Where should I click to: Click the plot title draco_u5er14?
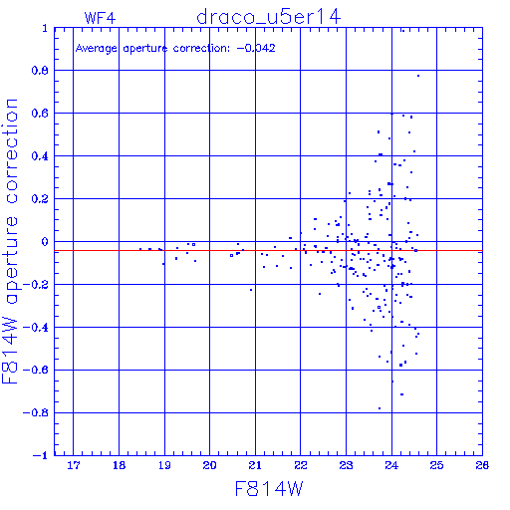268,17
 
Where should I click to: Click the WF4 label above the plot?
100,18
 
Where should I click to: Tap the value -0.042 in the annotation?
256,49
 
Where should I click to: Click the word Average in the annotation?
97,49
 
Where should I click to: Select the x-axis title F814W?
269,489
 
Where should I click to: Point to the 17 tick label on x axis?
74,465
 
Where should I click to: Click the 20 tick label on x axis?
209,465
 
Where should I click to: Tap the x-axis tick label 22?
301,465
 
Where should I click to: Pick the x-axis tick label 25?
436,465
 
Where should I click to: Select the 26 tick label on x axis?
482,465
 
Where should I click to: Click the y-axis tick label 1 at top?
45,28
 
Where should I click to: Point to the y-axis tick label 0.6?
40,114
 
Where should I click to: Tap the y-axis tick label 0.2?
40,199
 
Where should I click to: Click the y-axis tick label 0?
45,242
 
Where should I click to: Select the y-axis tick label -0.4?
36,328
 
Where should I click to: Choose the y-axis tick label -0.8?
36,413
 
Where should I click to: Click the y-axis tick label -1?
41,455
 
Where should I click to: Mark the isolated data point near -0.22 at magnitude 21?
251,290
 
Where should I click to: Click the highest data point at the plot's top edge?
403,31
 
